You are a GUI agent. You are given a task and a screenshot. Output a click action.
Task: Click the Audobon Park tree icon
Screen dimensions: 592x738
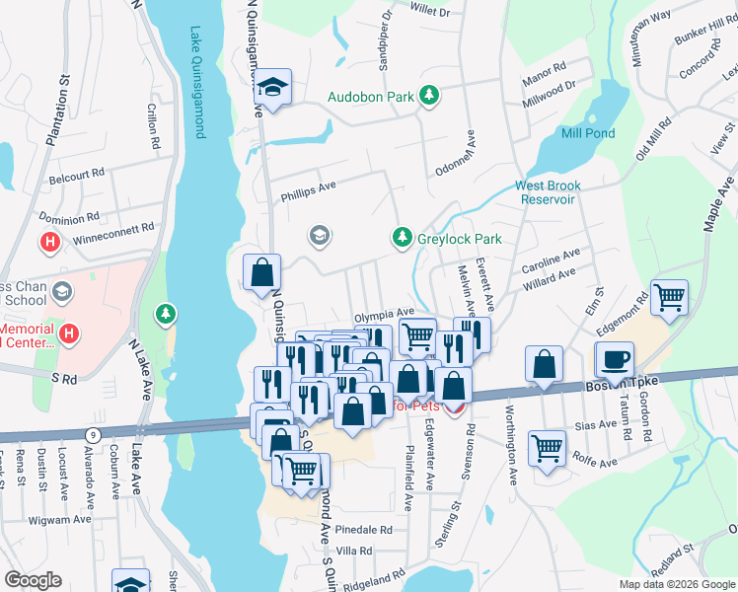tap(428, 96)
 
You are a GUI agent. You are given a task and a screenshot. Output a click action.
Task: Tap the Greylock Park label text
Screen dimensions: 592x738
tap(458, 239)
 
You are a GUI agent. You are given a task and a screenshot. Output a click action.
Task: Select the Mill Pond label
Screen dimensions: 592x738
tap(587, 133)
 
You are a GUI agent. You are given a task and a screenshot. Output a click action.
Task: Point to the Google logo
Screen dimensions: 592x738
tap(33, 580)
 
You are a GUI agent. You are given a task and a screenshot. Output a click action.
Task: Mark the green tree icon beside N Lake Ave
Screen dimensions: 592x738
tap(165, 314)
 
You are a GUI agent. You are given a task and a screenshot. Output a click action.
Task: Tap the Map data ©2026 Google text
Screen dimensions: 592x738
tap(676, 584)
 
